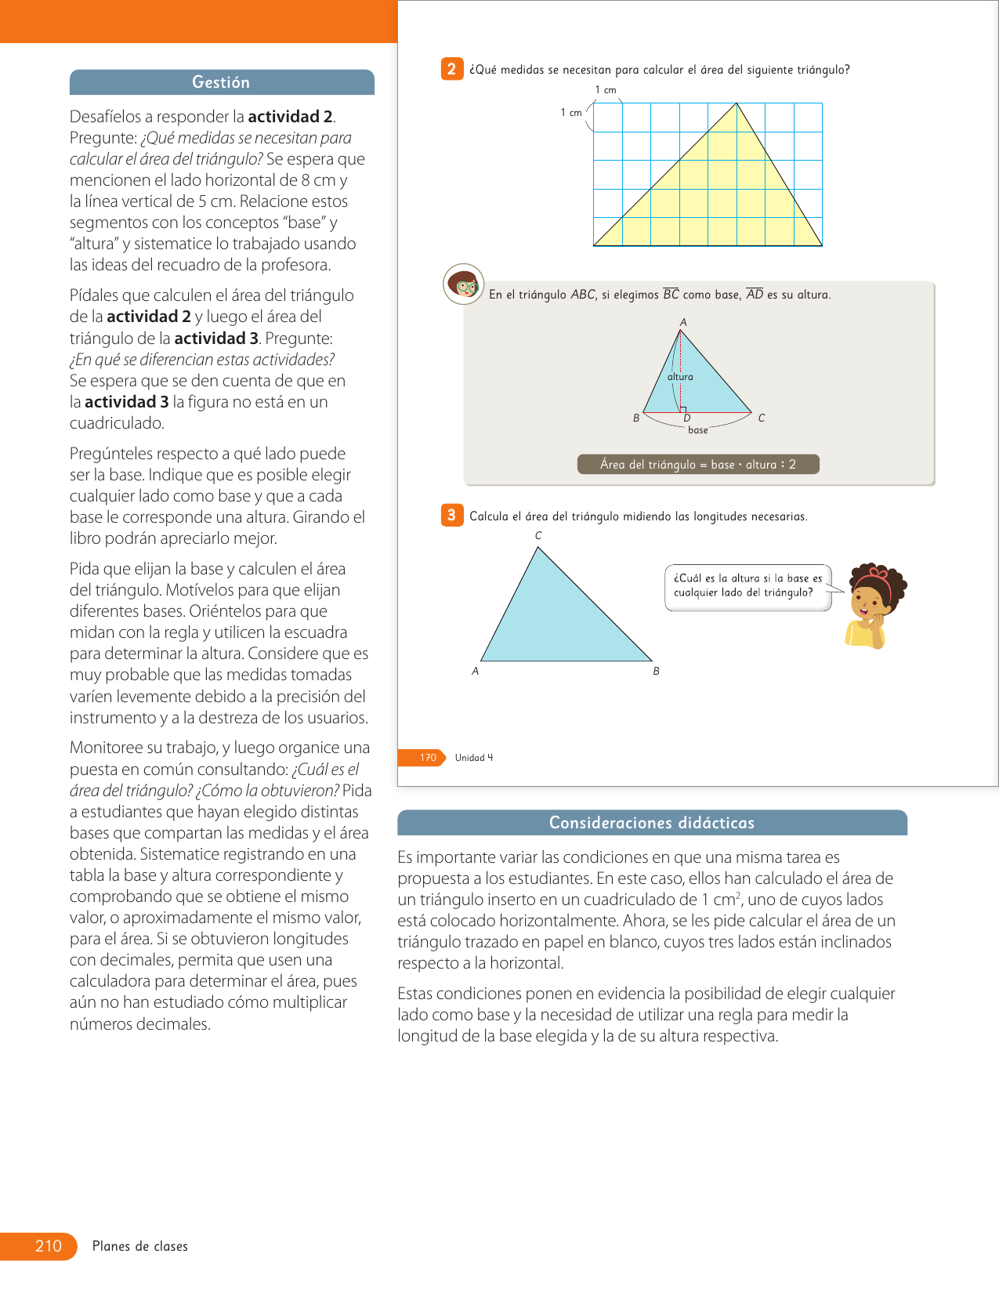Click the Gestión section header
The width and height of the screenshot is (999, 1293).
coord(221,82)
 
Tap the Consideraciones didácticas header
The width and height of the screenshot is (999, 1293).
coord(651,823)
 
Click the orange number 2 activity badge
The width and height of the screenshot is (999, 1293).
coord(451,69)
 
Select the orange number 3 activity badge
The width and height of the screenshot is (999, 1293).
coord(451,515)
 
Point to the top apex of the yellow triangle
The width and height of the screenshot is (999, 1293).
coord(737,103)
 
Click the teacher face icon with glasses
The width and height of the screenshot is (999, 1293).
coord(464,284)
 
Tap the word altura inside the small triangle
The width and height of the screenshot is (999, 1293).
coord(680,377)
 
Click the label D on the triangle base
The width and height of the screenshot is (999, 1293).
coord(687,418)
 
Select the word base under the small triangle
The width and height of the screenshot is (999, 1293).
coord(697,430)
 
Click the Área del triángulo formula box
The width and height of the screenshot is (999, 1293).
coord(698,465)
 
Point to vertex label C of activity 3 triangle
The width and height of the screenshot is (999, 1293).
coord(538,536)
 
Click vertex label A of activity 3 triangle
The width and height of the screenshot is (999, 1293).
coord(476,672)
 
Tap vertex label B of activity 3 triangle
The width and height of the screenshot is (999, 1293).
coord(656,672)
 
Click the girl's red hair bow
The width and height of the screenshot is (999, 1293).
coord(880,574)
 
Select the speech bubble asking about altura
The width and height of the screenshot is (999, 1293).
coord(747,586)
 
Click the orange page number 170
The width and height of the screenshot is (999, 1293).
coord(428,758)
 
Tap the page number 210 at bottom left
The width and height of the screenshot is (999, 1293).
coord(48,1246)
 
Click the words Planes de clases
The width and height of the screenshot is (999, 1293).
coord(140,1246)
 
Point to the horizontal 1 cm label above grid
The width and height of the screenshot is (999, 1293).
coord(606,90)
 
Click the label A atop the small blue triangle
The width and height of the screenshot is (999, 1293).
coord(683,322)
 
